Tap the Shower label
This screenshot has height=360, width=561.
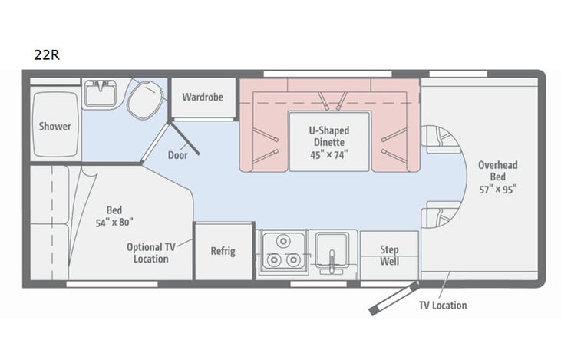(54, 126)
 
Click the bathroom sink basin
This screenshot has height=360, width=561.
(100, 94)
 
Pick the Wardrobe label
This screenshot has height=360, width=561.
(203, 98)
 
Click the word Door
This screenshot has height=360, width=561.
(177, 154)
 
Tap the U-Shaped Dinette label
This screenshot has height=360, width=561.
(329, 136)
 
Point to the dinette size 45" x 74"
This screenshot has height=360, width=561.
(329, 154)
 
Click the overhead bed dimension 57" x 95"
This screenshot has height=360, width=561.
(497, 189)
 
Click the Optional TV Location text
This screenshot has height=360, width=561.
(150, 253)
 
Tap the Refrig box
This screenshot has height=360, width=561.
(223, 251)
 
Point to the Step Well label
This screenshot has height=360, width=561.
(389, 255)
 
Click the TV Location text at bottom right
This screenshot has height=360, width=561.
(442, 305)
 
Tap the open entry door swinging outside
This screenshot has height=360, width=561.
(393, 299)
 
